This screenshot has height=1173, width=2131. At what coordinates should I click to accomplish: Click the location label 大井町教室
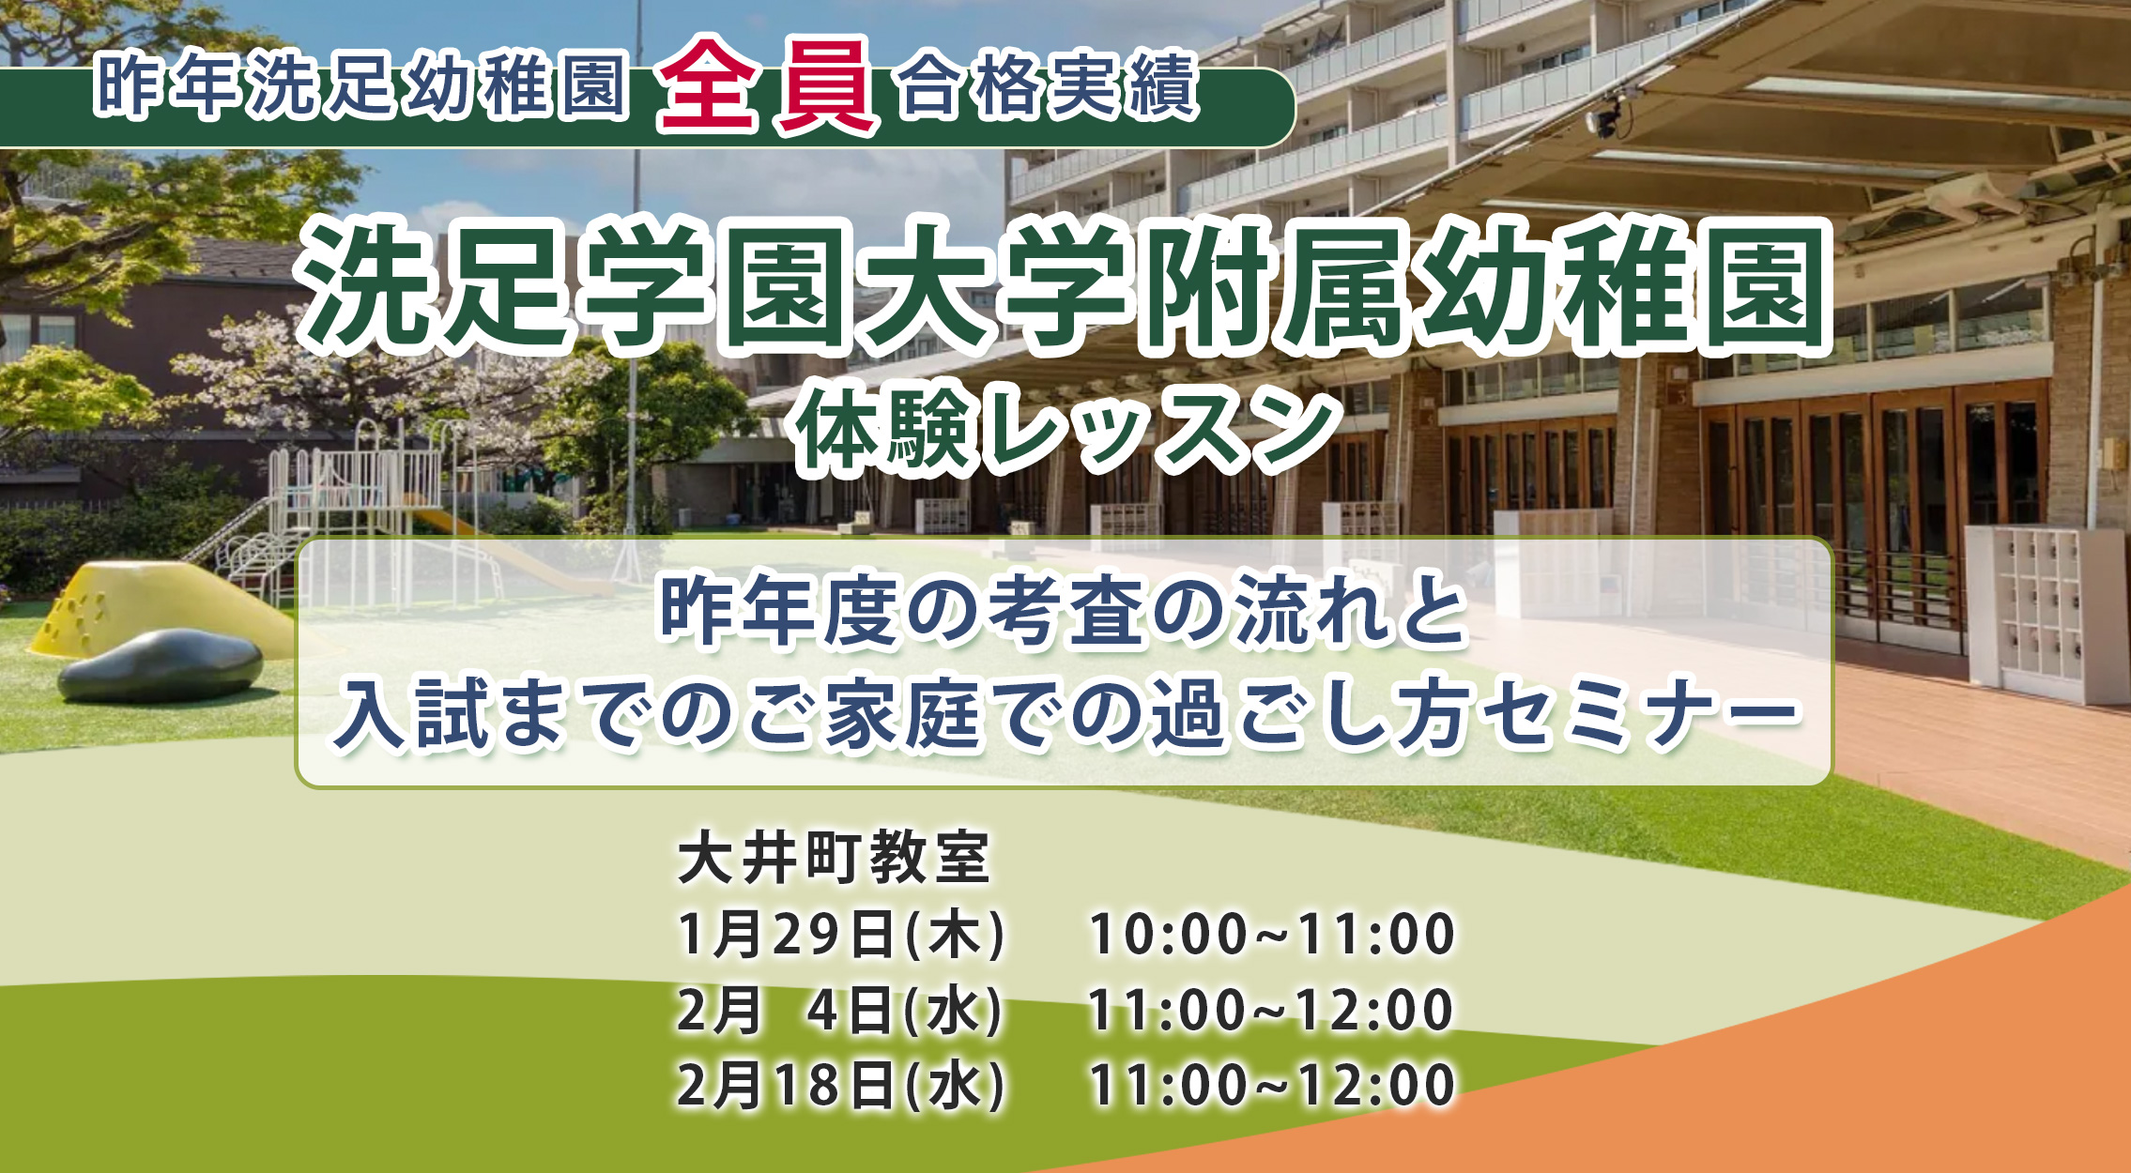coord(834,858)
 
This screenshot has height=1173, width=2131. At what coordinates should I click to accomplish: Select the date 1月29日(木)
coord(841,934)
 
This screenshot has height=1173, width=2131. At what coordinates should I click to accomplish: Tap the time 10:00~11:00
coord(1271,934)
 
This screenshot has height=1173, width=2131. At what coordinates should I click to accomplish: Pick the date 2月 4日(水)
coord(841,1010)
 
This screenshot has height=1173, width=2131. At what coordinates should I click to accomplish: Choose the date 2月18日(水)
coord(841,1085)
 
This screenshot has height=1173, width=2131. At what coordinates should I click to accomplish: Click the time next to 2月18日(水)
coord(1271,1085)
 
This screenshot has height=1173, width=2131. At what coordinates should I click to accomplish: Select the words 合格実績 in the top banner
coord(1048,87)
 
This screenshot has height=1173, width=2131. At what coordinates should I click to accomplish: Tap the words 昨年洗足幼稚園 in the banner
coord(361,86)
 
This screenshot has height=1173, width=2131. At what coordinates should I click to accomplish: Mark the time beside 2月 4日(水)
coord(1271,1010)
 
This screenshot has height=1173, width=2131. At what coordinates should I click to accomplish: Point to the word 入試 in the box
coord(413,715)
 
